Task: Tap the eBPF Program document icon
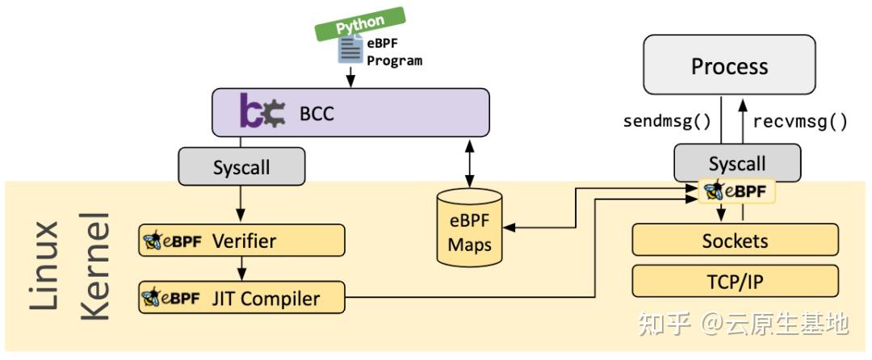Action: point(350,50)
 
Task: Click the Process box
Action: point(729,65)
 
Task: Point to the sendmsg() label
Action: point(666,122)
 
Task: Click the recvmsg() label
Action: point(799,122)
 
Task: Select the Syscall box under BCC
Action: point(241,168)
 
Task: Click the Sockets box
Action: point(735,240)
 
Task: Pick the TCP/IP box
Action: point(735,280)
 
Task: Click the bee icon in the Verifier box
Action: point(153,241)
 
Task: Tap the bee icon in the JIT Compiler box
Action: point(153,299)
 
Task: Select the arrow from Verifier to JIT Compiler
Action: point(241,269)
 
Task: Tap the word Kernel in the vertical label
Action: point(96,266)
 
